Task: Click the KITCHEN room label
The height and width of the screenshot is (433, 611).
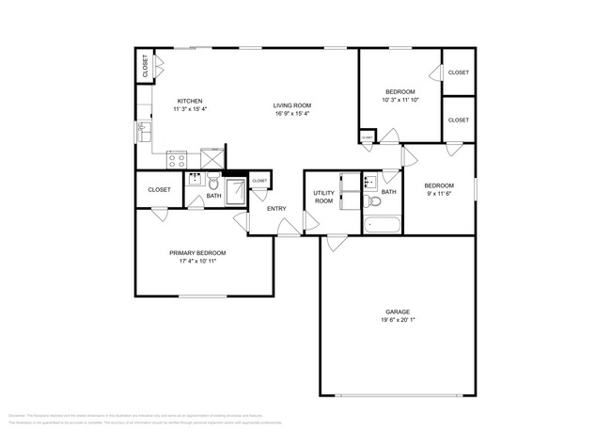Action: (x=190, y=102)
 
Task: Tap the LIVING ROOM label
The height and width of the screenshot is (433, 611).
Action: (x=292, y=105)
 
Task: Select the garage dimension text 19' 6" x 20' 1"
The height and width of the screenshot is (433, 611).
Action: (x=397, y=319)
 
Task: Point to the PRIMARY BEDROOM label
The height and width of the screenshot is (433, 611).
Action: (x=197, y=252)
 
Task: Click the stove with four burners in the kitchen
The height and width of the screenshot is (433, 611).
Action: (x=179, y=159)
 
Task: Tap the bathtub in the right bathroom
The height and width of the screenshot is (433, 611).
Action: (x=383, y=225)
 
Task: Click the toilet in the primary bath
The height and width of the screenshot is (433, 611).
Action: (x=214, y=182)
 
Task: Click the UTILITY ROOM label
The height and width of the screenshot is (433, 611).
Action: (x=323, y=197)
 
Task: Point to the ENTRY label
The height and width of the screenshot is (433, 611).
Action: (x=276, y=209)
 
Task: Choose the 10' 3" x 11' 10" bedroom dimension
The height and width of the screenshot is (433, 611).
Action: (x=401, y=99)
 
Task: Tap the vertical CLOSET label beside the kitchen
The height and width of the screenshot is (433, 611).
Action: (x=145, y=66)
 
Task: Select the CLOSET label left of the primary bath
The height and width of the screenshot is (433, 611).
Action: (x=159, y=189)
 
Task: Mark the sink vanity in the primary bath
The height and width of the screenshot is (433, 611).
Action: (x=195, y=180)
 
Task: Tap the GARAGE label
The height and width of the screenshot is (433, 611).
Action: (x=397, y=311)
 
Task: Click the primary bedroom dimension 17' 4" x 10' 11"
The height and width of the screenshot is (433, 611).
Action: (x=197, y=261)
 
